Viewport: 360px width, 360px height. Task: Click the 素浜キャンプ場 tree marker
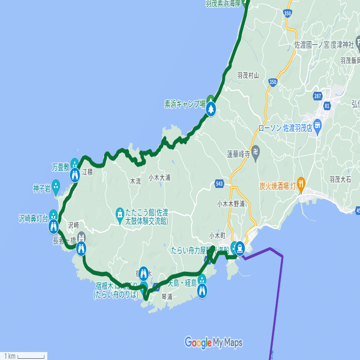point(211,109)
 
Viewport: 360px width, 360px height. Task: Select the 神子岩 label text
point(41,189)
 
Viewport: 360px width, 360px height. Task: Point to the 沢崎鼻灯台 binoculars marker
point(53,227)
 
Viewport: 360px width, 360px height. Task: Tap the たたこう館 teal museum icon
point(120,214)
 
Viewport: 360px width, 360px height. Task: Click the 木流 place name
point(135,181)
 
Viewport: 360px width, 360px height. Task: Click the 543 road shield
point(220,184)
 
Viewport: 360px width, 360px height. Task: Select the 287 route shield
point(317,96)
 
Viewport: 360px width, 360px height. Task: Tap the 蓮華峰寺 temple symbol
point(256,151)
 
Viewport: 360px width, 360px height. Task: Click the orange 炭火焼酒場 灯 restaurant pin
point(302,185)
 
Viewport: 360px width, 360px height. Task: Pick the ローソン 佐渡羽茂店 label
point(286,128)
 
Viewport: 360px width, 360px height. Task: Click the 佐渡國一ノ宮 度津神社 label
point(324,45)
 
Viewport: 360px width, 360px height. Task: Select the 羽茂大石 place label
point(340,179)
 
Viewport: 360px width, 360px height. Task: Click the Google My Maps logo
point(214,342)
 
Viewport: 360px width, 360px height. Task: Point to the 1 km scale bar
point(24,356)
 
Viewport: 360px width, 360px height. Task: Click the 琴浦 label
point(167,296)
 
